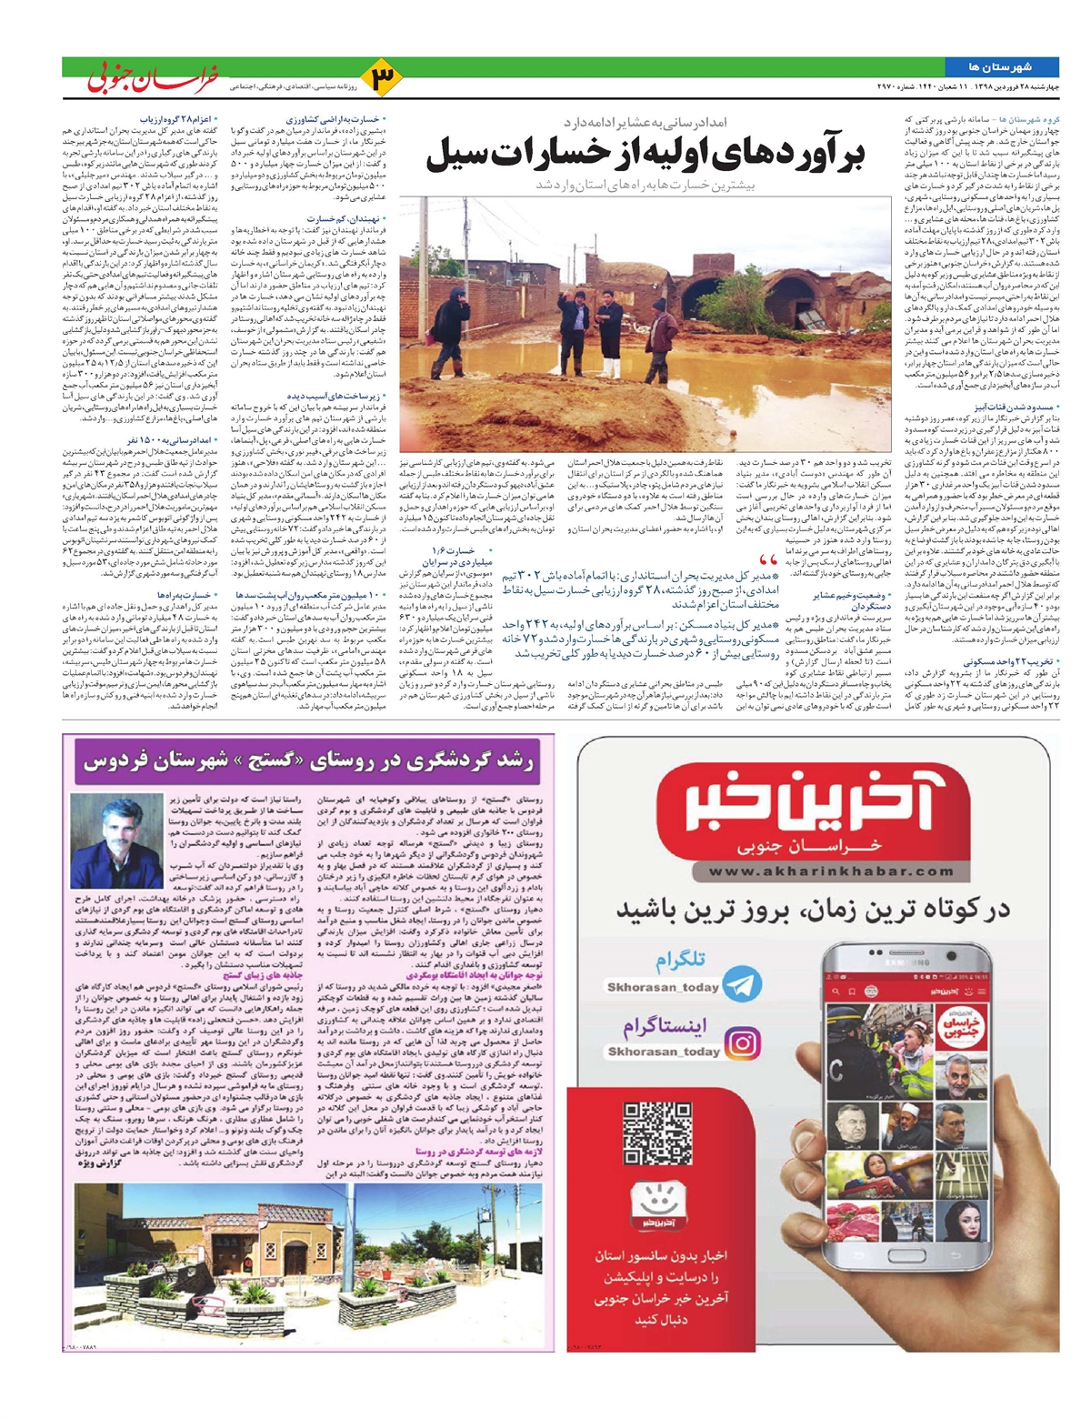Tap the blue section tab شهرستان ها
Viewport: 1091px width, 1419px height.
(1000, 66)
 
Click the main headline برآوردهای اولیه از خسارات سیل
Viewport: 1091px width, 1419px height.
(644, 155)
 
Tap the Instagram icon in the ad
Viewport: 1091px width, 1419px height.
(744, 1042)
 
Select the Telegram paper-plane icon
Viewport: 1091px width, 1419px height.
(745, 985)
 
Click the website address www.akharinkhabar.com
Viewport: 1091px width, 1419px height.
(817, 871)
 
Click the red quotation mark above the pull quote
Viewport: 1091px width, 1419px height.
(767, 560)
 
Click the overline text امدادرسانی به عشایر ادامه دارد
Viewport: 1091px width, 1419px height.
(645, 121)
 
